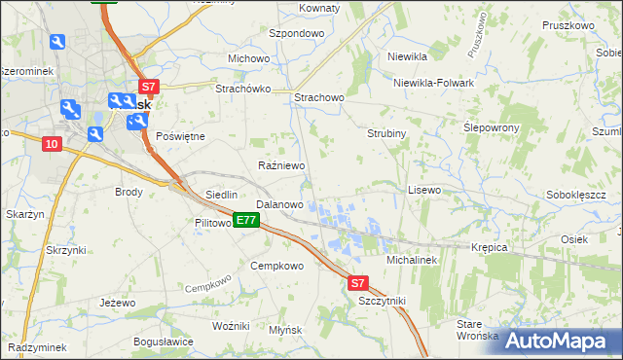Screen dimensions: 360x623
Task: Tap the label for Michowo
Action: coord(248,58)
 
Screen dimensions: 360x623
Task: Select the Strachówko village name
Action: coord(242,88)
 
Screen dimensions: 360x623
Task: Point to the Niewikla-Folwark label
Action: coord(433,83)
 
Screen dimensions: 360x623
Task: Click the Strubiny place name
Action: coord(386,132)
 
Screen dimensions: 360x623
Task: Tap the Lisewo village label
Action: coord(423,190)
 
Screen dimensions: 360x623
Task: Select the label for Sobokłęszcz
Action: coord(576,195)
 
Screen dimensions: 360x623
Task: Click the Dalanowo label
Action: coord(279,205)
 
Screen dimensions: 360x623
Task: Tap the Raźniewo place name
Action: coord(281,166)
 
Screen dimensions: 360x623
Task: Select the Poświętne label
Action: coord(180,136)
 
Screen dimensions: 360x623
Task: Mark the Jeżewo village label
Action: coord(117,303)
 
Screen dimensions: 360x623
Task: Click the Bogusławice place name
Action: coord(164,342)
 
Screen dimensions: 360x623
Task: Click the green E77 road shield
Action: coord(245,221)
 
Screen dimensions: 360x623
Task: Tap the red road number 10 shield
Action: coord(52,144)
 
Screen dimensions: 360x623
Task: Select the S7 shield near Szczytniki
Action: coord(358,283)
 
